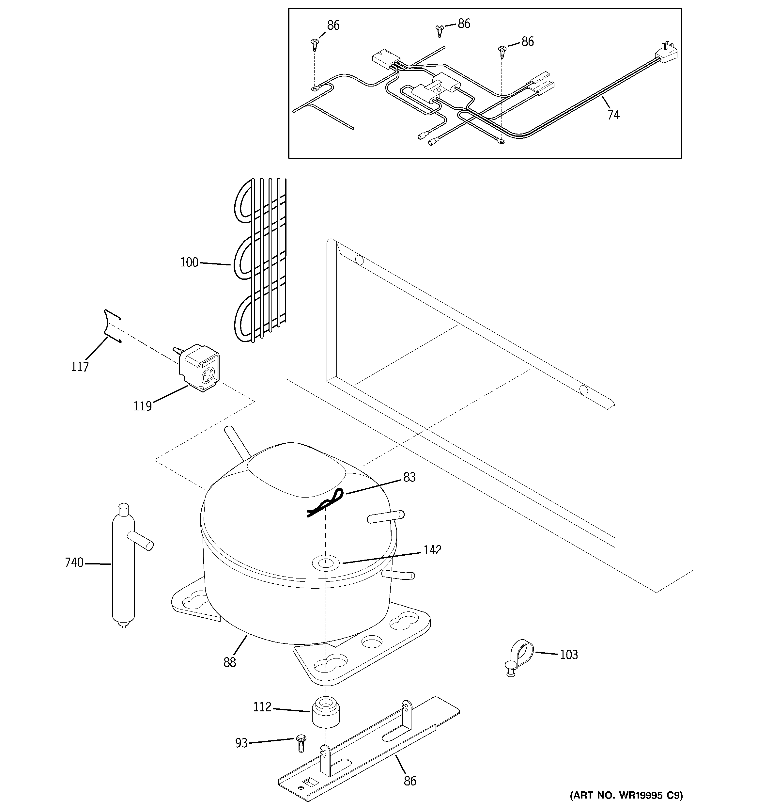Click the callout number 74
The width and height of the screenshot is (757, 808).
(613, 115)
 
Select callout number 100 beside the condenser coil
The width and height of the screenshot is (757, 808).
(189, 262)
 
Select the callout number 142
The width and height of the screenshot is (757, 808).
(432, 550)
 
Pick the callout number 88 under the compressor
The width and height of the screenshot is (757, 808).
(230, 662)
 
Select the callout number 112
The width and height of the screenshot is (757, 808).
(262, 707)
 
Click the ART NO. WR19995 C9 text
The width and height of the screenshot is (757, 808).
(626, 795)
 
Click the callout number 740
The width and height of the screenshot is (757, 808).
(74, 563)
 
